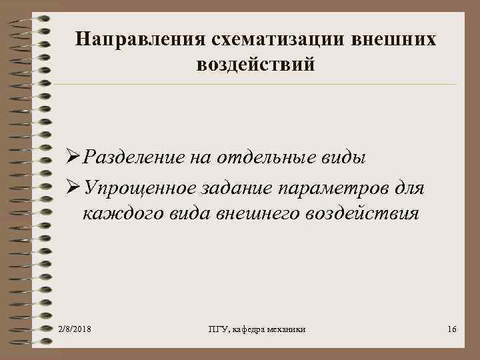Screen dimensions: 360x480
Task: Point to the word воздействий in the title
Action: [x=256, y=65]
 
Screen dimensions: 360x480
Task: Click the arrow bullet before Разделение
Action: [x=73, y=159]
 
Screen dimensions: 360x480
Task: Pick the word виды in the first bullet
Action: [x=343, y=159]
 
